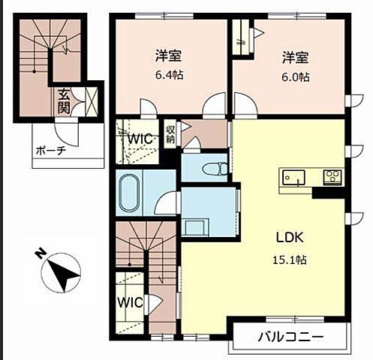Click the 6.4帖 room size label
click(x=170, y=75)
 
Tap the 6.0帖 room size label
click(x=296, y=77)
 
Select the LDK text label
click(x=290, y=237)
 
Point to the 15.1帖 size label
click(x=290, y=260)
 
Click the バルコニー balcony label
click(x=291, y=337)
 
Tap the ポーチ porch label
click(x=51, y=151)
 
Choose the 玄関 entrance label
click(x=64, y=101)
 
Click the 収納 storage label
click(x=170, y=134)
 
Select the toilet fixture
click(x=216, y=169)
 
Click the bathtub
click(x=130, y=193)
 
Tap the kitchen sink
click(x=293, y=177)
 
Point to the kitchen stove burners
click(x=332, y=176)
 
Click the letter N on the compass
click(x=39, y=253)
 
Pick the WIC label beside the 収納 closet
click(x=140, y=139)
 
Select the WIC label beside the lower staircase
click(x=130, y=302)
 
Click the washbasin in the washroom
click(x=195, y=226)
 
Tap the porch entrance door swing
click(x=67, y=133)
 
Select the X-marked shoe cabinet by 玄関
click(x=91, y=101)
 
